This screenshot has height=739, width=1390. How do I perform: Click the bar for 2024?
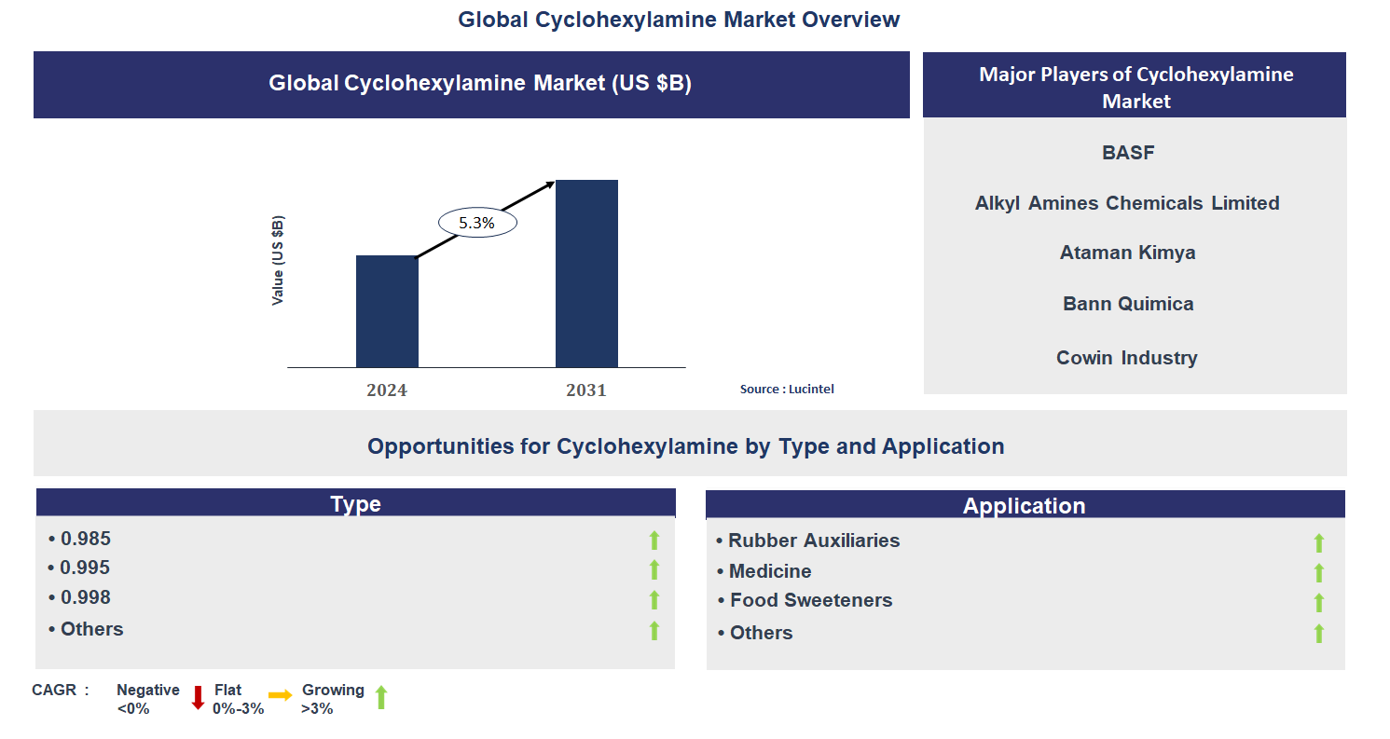click(x=387, y=311)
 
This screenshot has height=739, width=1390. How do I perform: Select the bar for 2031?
click(x=586, y=274)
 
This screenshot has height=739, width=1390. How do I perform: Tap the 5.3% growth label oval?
click(x=477, y=224)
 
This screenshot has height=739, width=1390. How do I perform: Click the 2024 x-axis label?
click(x=387, y=390)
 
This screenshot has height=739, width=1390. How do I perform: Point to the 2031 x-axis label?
click(x=586, y=390)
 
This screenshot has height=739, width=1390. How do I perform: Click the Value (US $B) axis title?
click(x=278, y=261)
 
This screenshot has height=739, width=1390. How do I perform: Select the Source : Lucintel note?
click(x=787, y=389)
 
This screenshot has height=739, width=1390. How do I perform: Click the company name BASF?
click(x=1128, y=153)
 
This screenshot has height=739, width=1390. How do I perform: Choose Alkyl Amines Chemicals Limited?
click(x=1127, y=203)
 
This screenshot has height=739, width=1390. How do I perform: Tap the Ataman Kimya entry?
click(x=1127, y=253)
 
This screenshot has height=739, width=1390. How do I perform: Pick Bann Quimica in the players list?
click(x=1128, y=304)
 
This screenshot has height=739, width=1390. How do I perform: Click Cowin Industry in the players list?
click(x=1127, y=358)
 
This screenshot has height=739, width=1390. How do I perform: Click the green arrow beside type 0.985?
click(x=654, y=540)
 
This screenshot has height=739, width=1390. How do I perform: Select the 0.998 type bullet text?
click(x=85, y=597)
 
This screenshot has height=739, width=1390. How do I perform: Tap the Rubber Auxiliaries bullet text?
click(x=813, y=541)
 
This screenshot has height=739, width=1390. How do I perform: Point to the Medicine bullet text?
click(x=769, y=571)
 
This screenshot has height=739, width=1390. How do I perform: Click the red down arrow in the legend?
click(x=198, y=698)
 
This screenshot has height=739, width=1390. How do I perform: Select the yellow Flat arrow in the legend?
click(x=280, y=695)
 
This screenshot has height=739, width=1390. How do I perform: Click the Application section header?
click(x=1025, y=505)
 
